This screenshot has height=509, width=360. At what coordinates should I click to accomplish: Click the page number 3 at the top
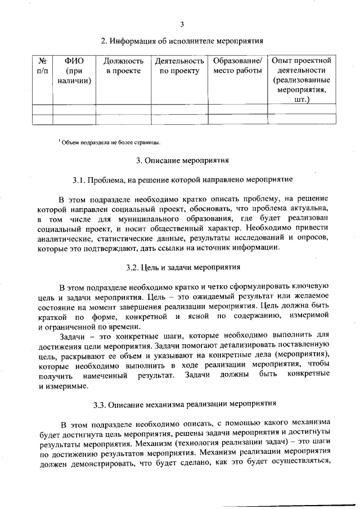182,24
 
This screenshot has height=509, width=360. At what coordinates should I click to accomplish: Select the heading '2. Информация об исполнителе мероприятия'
182,41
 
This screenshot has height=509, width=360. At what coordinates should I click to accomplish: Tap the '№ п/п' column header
42,65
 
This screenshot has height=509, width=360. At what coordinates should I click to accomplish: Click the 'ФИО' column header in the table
74,70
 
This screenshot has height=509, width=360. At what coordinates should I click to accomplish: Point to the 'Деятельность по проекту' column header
179,65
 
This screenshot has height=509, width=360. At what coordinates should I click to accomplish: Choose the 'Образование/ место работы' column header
237,65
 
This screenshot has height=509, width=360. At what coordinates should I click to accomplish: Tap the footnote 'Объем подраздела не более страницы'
112,142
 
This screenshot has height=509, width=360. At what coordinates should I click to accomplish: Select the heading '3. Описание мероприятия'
182,160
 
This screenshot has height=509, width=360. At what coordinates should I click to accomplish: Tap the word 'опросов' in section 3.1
316,239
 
